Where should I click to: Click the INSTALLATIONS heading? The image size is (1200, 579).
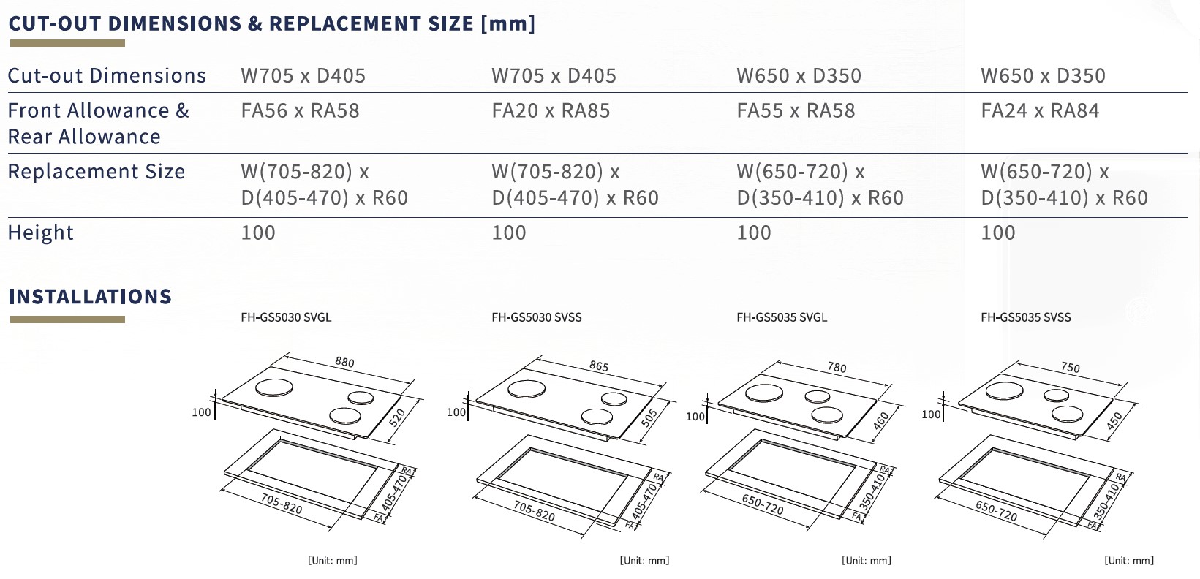tap(90, 297)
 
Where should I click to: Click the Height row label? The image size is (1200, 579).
tap(41, 232)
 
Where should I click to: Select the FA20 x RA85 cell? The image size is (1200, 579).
tap(551, 111)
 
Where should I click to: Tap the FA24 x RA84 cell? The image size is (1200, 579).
tap(1040, 111)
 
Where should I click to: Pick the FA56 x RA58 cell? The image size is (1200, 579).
tap(300, 111)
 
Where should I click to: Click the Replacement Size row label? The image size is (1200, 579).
tap(97, 172)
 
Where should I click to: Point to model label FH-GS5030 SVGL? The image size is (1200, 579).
tap(286, 317)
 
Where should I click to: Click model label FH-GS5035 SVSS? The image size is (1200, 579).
tap(1025, 317)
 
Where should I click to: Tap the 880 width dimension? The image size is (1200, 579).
tap(344, 362)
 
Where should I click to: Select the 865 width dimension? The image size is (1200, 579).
tap(598, 366)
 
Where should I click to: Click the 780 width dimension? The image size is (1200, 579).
tap(837, 368)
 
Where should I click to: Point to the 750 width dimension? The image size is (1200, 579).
tap(1070, 368)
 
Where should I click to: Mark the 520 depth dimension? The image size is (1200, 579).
tap(397, 419)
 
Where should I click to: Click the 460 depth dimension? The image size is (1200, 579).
tap(880, 421)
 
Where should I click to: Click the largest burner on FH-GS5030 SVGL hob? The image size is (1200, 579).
tap(274, 388)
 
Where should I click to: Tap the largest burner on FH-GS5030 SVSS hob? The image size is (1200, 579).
tap(527, 390)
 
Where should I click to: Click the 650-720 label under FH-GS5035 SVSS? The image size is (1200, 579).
tap(996, 510)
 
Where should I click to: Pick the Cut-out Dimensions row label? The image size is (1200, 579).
tap(107, 76)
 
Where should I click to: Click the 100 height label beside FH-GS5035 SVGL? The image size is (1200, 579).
tap(695, 417)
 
